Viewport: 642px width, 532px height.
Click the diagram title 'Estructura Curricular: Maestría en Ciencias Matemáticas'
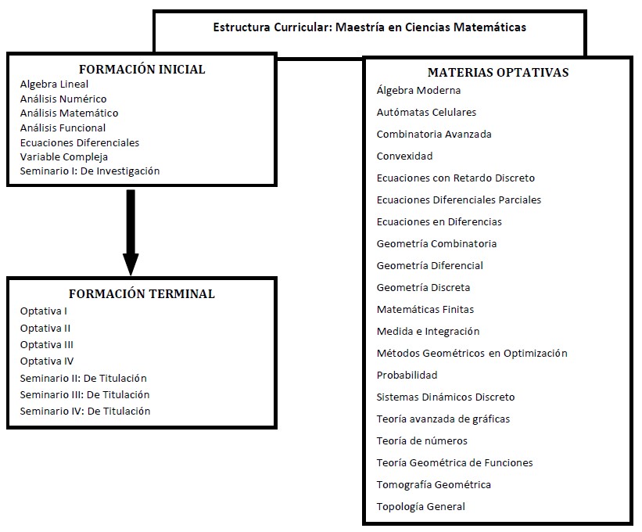(x=369, y=27)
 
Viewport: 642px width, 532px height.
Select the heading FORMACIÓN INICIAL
(x=142, y=69)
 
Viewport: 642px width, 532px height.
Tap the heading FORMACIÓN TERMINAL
(x=142, y=293)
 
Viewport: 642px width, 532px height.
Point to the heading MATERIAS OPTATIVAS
(x=498, y=73)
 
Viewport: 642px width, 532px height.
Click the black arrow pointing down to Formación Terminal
(x=131, y=232)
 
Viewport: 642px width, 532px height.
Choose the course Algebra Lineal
(x=54, y=84)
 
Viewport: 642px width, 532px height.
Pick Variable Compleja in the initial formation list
(x=64, y=156)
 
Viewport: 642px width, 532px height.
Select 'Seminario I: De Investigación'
(x=90, y=171)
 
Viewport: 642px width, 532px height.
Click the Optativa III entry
(x=47, y=345)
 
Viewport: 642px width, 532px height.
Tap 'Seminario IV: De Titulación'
(x=85, y=411)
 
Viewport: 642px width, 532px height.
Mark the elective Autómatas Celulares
(x=426, y=112)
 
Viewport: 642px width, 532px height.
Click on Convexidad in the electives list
(x=404, y=156)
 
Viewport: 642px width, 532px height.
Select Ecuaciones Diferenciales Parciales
(x=459, y=199)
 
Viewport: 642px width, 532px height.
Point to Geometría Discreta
(x=423, y=287)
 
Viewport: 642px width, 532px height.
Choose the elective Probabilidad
(x=407, y=376)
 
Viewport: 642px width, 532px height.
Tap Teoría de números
(x=421, y=440)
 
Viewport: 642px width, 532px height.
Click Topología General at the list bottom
(x=421, y=507)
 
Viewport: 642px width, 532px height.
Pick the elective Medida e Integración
(x=428, y=331)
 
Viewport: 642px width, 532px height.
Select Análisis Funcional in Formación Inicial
(x=63, y=128)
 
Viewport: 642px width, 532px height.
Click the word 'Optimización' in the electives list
(x=536, y=354)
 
